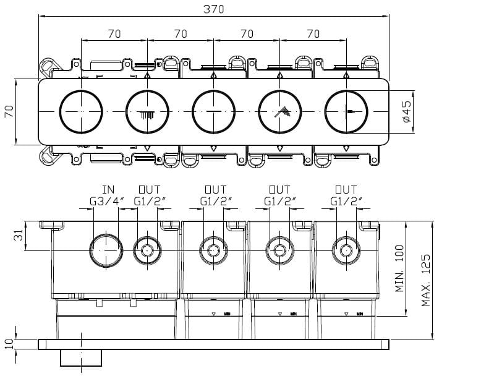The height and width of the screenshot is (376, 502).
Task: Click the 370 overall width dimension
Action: (x=213, y=9)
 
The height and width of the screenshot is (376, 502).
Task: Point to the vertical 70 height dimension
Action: (x=9, y=112)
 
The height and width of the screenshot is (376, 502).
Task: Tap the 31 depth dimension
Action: (x=19, y=236)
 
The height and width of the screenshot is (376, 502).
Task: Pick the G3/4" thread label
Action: (x=106, y=200)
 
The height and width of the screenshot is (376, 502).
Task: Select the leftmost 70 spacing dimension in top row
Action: (x=114, y=33)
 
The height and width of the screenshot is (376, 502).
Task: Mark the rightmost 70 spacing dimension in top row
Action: (x=313, y=33)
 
